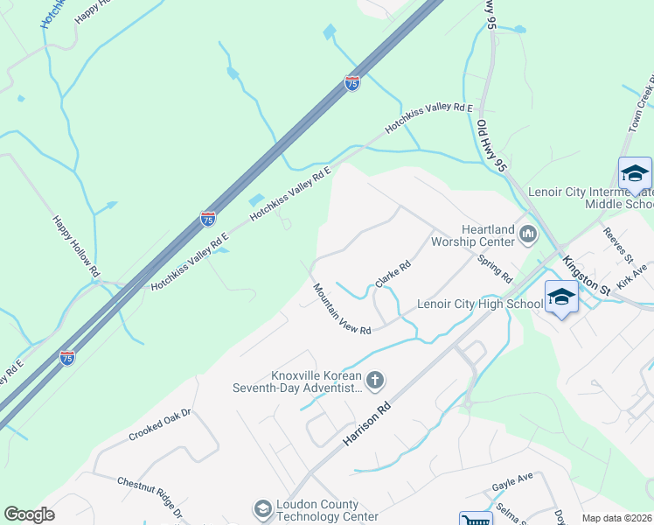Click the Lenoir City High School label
pos(480,304)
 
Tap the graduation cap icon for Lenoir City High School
pos(561,297)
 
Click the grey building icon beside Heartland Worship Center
pos(527,234)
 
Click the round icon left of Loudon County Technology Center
pos(261,509)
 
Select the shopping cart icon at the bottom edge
pos(475,520)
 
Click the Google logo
pos(29,514)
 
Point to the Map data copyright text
pos(617,518)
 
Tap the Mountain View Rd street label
pos(343,308)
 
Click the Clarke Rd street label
pos(393,276)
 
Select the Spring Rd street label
pos(495,269)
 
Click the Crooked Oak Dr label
pos(159,424)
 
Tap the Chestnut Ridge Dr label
pos(150,495)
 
